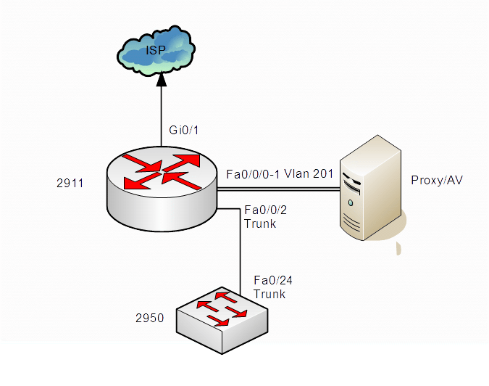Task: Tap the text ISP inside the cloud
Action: coord(154,51)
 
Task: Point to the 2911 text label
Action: coord(70,184)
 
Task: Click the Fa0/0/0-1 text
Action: coord(253,174)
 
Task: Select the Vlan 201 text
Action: coord(309,174)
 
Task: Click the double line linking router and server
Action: coord(279,189)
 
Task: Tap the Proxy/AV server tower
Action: coord(371,189)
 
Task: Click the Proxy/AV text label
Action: coord(436,180)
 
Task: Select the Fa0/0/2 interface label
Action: coord(267,210)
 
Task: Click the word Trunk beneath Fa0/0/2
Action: coord(260,224)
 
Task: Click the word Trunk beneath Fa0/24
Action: coord(269,295)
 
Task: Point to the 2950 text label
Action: coord(149,318)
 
